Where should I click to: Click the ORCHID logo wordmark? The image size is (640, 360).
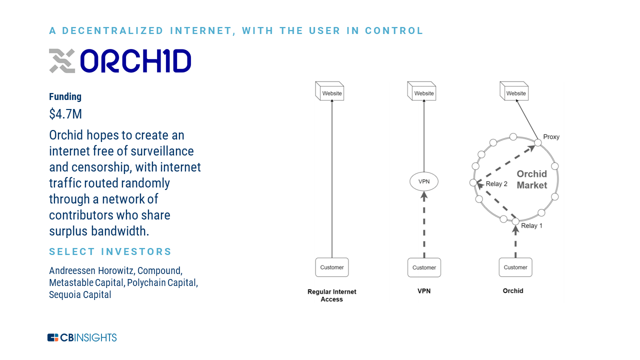click(135, 61)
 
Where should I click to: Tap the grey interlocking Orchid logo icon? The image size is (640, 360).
click(62, 61)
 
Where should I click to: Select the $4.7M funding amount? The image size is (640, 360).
click(65, 114)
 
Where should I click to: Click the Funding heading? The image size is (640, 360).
click(65, 96)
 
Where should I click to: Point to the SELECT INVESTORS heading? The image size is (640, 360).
click(110, 251)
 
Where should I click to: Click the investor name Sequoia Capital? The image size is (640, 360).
click(80, 294)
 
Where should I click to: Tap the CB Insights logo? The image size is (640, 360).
click(82, 337)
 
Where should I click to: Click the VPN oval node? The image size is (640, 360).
click(424, 181)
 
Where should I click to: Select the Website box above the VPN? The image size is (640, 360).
click(421, 91)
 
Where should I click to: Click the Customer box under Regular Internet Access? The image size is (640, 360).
click(332, 267)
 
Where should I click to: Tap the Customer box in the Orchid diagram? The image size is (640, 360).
click(515, 267)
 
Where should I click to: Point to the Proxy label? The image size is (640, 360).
click(551, 137)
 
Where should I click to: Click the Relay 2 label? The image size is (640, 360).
click(496, 184)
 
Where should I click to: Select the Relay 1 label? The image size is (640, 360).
click(531, 225)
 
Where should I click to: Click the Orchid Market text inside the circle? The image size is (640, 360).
click(531, 179)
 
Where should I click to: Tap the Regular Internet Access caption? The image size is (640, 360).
click(331, 295)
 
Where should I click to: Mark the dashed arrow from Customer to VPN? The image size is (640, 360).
click(424, 224)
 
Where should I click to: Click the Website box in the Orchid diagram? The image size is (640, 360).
click(514, 91)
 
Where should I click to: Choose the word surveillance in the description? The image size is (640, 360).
click(160, 151)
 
